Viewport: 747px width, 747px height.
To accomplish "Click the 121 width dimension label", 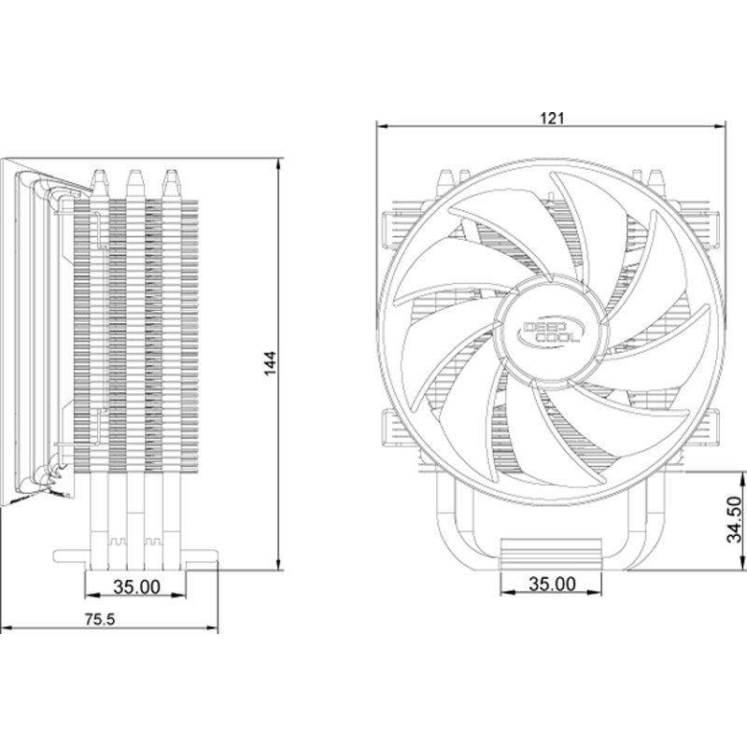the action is [552, 119].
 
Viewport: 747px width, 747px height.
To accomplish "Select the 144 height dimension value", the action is [270, 363].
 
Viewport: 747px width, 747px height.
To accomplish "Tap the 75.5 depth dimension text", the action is [100, 619].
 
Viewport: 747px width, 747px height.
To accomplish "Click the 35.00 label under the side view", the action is [136, 587].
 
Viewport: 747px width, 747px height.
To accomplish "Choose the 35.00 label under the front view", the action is [552, 584].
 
